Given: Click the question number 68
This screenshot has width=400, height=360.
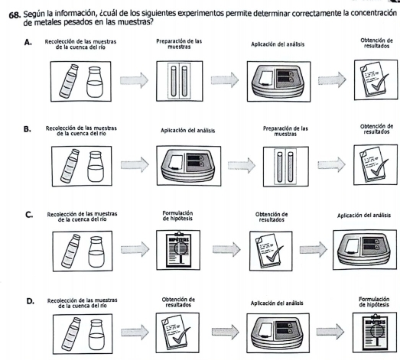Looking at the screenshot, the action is click(x=15, y=15).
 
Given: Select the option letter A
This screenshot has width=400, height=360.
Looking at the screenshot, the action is click(x=28, y=43).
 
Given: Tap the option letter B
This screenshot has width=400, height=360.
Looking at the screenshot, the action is click(x=28, y=129).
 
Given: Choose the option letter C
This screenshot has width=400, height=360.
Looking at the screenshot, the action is click(x=29, y=215).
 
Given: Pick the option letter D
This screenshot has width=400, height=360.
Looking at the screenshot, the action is click(x=31, y=301).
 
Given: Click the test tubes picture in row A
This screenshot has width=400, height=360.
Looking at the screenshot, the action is click(x=179, y=81).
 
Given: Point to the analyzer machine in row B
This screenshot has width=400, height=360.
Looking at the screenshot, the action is click(x=189, y=165).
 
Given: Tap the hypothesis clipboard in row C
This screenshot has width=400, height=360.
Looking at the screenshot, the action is click(x=178, y=250).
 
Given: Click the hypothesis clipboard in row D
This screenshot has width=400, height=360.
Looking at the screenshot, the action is click(x=375, y=332).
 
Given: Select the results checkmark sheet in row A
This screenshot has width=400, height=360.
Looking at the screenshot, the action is click(x=376, y=79).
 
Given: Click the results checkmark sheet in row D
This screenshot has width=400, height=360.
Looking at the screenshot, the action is click(x=177, y=332).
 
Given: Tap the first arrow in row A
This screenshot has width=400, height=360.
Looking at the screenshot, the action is click(x=134, y=80).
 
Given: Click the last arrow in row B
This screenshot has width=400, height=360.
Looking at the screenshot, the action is click(x=332, y=164).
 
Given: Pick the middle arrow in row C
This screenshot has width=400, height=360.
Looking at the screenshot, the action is click(x=226, y=249).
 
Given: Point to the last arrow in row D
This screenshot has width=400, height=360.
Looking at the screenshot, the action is click(x=330, y=332).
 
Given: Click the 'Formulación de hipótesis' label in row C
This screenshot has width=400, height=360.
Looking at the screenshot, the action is click(x=177, y=216).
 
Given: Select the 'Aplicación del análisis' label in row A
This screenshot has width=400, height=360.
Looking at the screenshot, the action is click(x=278, y=44).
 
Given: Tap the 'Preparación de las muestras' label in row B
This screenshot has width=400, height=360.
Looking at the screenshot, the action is click(x=285, y=131).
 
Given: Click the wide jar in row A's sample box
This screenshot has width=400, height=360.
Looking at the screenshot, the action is click(x=95, y=82).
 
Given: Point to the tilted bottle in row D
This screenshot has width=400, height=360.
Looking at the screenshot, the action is click(x=70, y=334).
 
